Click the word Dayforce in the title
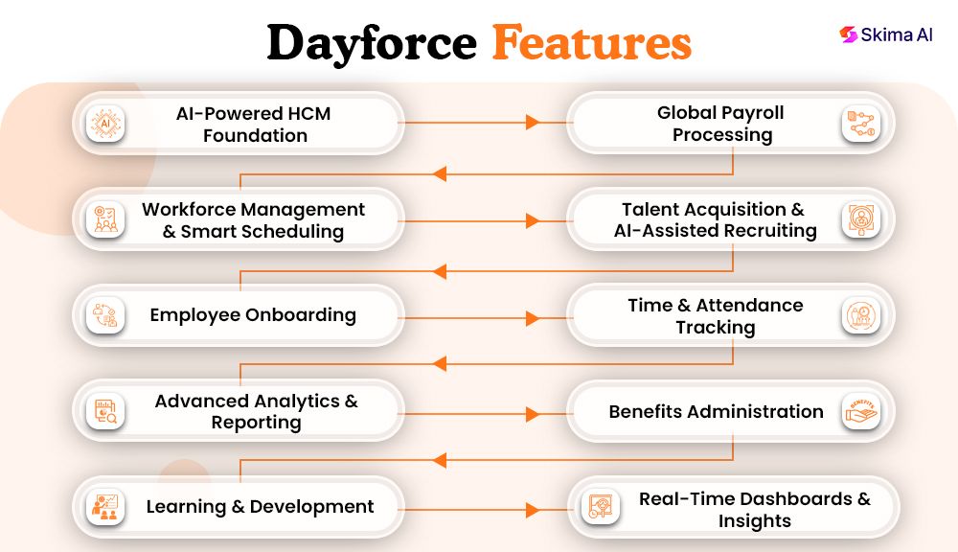pyautogui.click(x=371, y=43)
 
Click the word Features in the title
pyautogui.click(x=591, y=43)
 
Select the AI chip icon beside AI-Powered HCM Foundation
pyautogui.click(x=105, y=123)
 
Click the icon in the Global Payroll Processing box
pyautogui.click(x=860, y=124)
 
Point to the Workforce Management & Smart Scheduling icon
pyautogui.click(x=105, y=219)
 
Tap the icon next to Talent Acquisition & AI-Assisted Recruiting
pyautogui.click(x=860, y=219)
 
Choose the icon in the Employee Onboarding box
pyautogui.click(x=105, y=315)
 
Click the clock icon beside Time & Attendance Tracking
pyautogui.click(x=860, y=316)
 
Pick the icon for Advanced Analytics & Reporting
pyautogui.click(x=105, y=412)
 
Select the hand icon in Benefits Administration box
pyautogui.click(x=860, y=412)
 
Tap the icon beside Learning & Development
pyautogui.click(x=105, y=508)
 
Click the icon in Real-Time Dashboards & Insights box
pyautogui.click(x=604, y=508)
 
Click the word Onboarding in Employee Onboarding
pyautogui.click(x=301, y=315)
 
